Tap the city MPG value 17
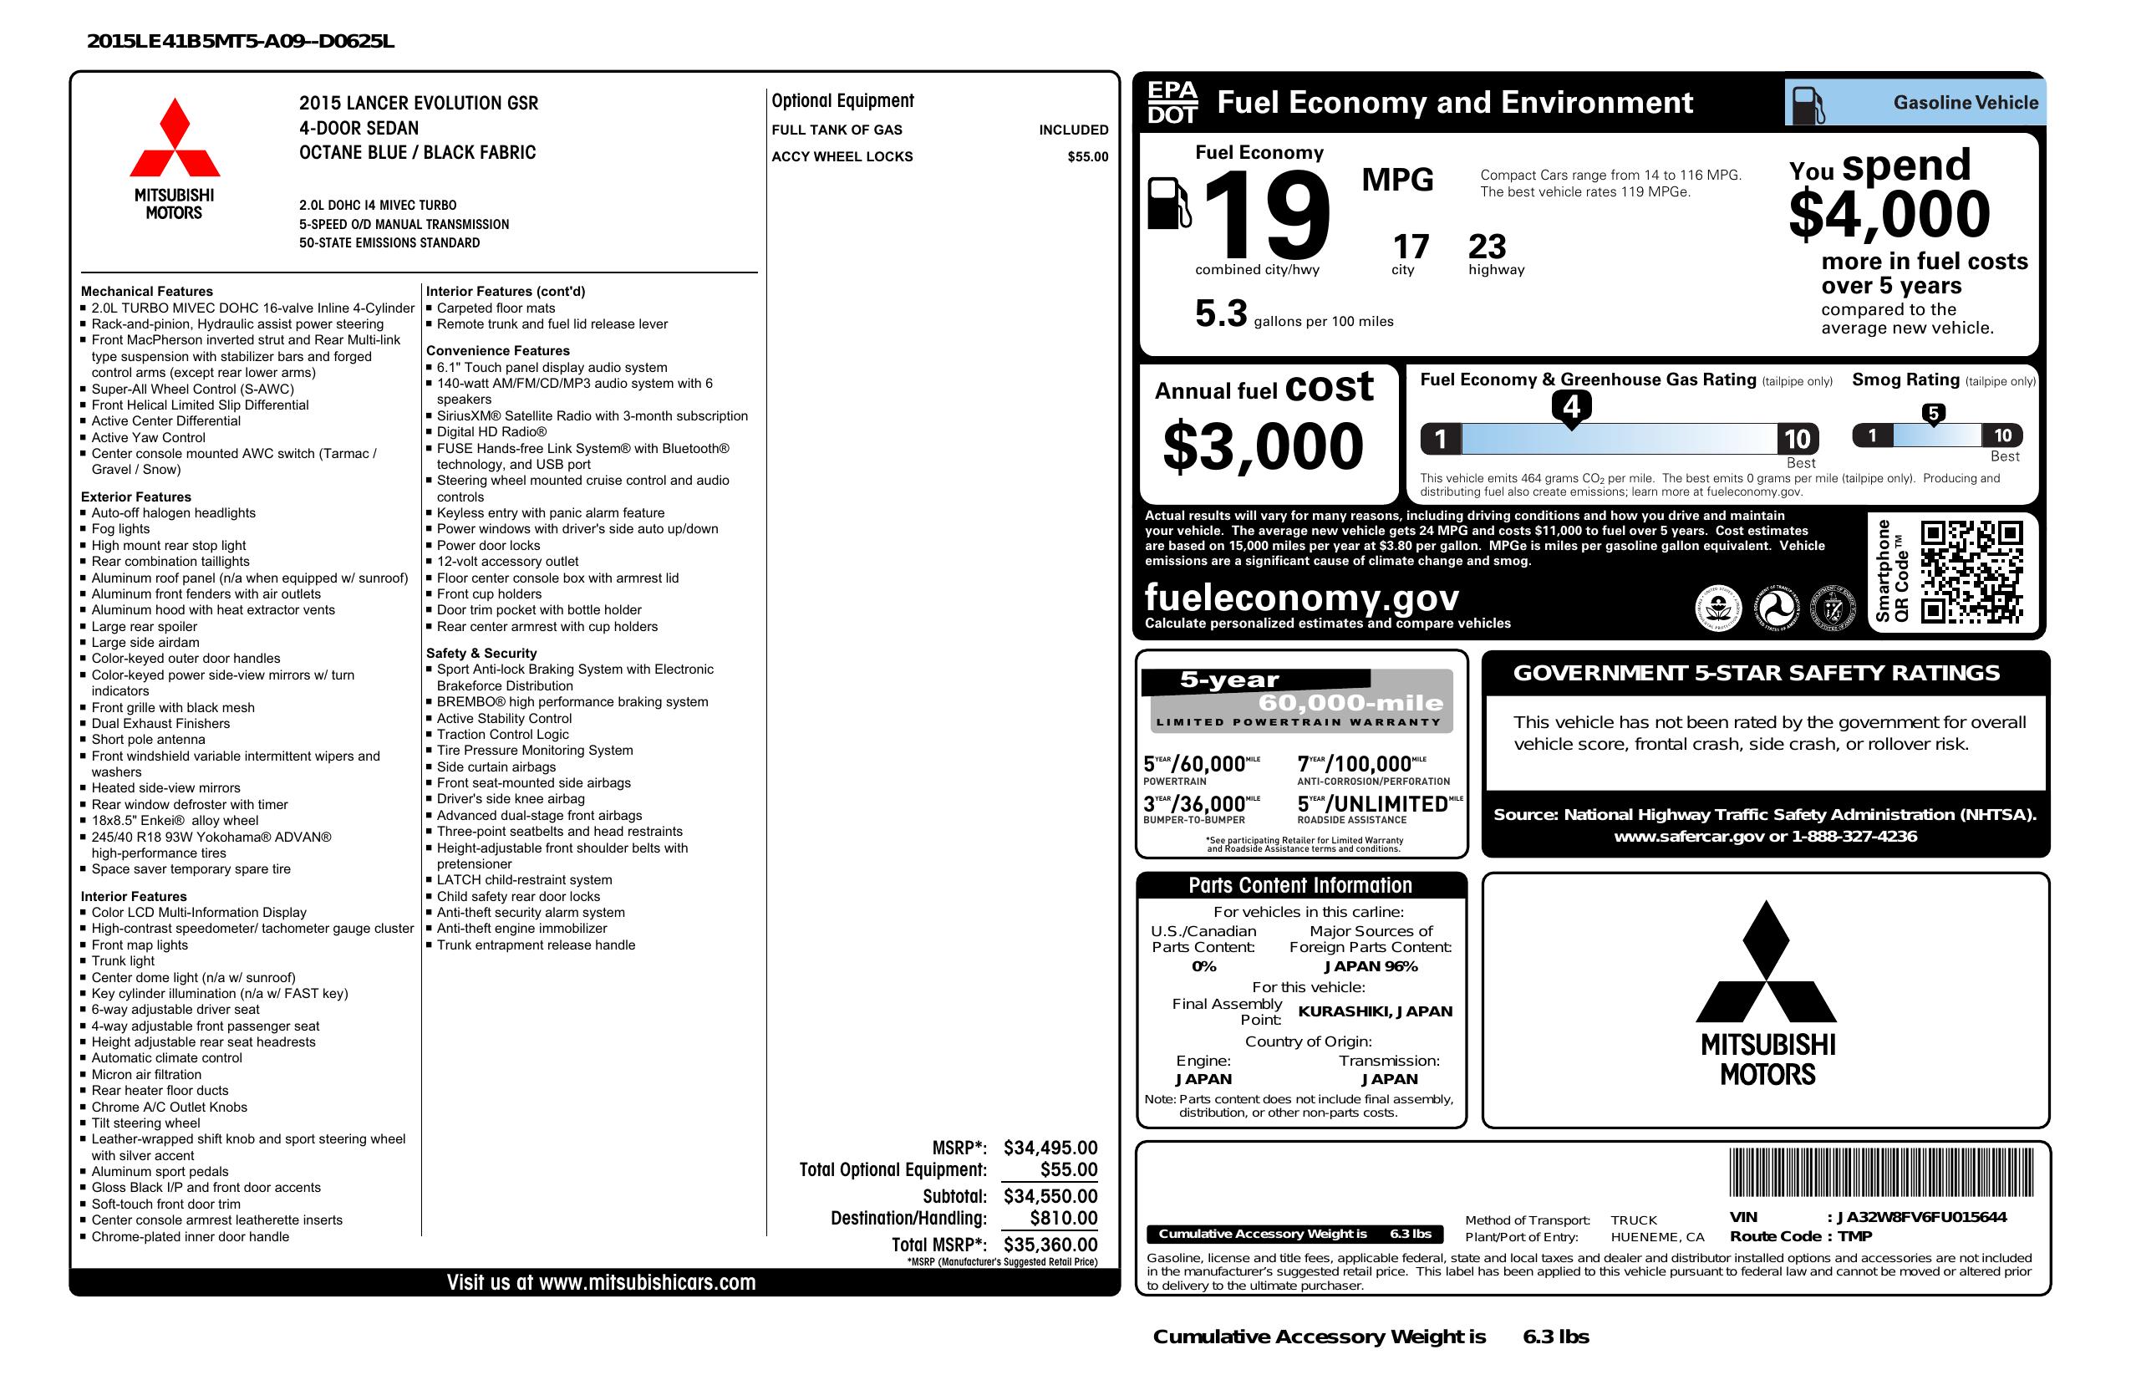click(x=1411, y=247)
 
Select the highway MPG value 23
click(x=1488, y=247)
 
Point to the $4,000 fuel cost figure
click(x=1889, y=214)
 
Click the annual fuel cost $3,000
click(x=1263, y=446)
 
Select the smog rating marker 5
click(x=1933, y=414)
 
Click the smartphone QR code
click(x=1971, y=573)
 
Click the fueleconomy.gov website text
click(x=1301, y=598)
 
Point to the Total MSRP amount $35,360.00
click(x=1050, y=1245)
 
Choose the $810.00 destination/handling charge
click(x=1063, y=1218)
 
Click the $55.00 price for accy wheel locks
click(x=1087, y=156)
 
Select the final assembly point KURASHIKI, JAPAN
click(x=1376, y=1012)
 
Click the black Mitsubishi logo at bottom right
click(x=1767, y=994)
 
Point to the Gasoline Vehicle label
click(x=1966, y=103)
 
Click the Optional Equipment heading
click(x=842, y=101)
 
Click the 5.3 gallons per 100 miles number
click(x=1220, y=314)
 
